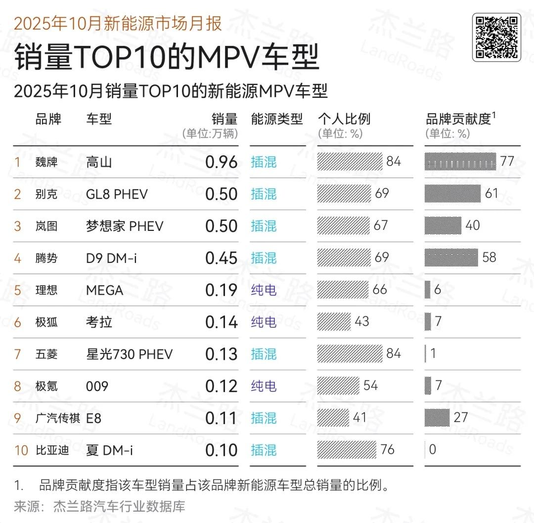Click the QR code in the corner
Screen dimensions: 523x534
(x=496, y=37)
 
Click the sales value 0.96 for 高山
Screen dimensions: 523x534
(x=221, y=162)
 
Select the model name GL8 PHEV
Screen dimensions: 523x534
(x=117, y=194)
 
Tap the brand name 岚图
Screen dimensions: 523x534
(x=46, y=226)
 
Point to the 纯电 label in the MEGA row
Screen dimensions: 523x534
(x=264, y=290)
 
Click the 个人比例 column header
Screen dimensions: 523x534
(x=344, y=119)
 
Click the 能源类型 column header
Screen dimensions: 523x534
(x=276, y=119)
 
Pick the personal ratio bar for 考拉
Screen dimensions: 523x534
(x=334, y=322)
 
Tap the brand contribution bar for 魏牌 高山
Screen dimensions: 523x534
(x=460, y=162)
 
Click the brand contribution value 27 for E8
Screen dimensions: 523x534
(x=460, y=418)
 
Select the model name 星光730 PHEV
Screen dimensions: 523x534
(x=130, y=354)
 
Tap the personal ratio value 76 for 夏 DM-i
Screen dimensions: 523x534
(x=387, y=450)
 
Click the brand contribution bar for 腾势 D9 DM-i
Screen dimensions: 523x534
(x=451, y=258)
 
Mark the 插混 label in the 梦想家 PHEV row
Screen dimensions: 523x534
(x=264, y=226)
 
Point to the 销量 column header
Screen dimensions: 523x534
(x=224, y=119)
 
